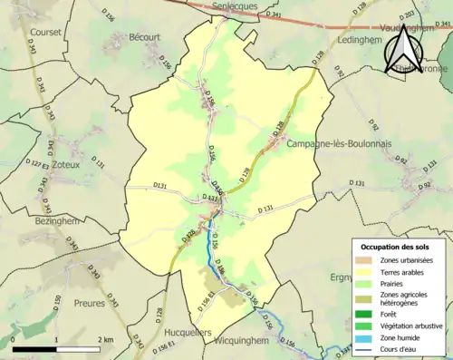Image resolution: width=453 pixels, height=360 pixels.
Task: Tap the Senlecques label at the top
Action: click(x=234, y=6)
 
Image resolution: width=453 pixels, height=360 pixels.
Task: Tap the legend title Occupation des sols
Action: click(x=395, y=247)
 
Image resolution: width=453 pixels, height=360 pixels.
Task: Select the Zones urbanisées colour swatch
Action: click(x=363, y=260)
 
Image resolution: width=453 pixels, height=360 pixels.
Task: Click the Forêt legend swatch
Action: click(x=363, y=314)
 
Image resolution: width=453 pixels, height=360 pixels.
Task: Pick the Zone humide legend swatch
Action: click(x=363, y=340)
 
